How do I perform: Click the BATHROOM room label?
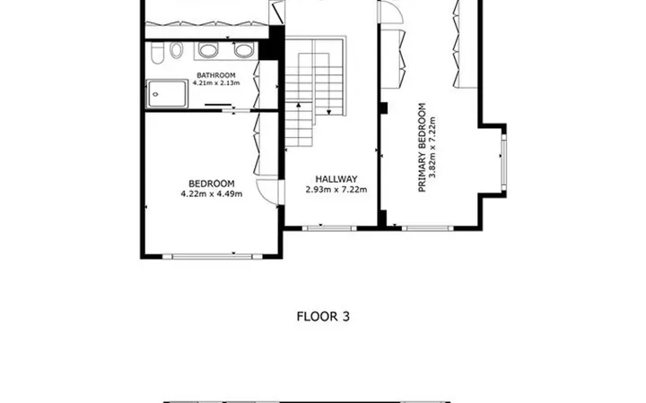216,75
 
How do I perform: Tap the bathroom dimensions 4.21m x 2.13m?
216,83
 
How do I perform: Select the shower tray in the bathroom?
167,94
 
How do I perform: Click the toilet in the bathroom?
156,54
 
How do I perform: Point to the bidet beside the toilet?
177,50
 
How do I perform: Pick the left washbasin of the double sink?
208,50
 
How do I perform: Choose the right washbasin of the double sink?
244,50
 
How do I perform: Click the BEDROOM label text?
212,184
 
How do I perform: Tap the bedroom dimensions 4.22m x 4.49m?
212,193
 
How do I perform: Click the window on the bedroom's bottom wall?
212,257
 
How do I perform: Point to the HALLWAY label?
336,179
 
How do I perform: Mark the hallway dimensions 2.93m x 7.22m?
336,190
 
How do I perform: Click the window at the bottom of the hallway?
329,228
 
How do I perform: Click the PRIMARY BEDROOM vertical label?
422,147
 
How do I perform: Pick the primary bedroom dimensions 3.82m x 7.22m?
432,147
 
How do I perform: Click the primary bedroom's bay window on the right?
503,162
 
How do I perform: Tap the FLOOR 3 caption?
323,316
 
